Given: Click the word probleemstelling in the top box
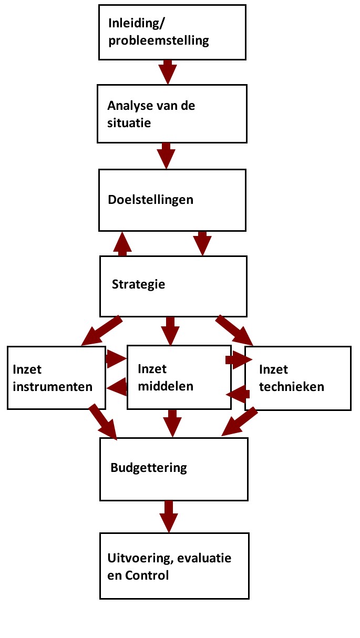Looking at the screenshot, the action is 159,41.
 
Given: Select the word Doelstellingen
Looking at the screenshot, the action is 151,200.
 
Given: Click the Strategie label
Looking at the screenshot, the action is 138,285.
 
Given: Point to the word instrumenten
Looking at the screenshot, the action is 53,387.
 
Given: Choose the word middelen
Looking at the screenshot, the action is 166,386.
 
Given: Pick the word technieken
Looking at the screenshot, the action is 292,387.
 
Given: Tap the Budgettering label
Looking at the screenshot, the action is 149,468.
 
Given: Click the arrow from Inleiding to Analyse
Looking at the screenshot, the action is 168,72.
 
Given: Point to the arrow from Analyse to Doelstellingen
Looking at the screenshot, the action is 166,156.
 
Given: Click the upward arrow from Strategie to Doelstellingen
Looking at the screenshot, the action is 122,244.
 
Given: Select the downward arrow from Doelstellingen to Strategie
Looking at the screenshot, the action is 202,243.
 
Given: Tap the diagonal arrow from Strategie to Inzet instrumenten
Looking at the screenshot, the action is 101,331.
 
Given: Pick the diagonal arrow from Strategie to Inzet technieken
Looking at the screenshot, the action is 234,331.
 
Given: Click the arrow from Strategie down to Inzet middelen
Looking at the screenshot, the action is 170,331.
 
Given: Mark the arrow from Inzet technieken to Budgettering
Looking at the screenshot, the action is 240,422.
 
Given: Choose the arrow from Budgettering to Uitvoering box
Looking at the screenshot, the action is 169,517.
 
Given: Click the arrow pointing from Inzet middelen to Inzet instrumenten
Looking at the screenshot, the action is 117,387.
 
